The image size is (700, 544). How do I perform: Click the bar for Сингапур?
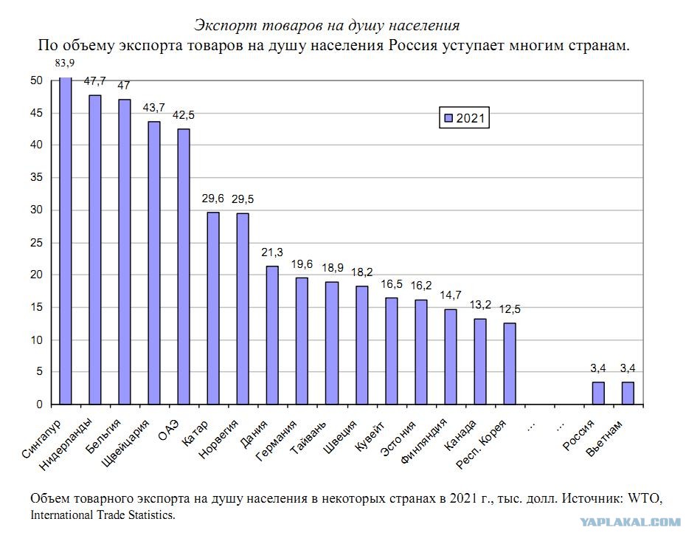pyautogui.click(x=65, y=241)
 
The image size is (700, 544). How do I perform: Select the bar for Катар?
pyautogui.click(x=213, y=309)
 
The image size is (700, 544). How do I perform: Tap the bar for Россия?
pyautogui.click(x=598, y=393)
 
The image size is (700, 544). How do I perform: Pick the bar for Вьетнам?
pyautogui.click(x=628, y=393)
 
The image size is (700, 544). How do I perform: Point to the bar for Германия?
pyautogui.click(x=302, y=341)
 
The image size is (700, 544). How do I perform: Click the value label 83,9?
pyautogui.click(x=65, y=63)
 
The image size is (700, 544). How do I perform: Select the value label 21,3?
pyautogui.click(x=272, y=252)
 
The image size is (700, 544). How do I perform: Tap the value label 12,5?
pyautogui.click(x=510, y=309)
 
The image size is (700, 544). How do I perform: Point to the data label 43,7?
pyautogui.click(x=153, y=108)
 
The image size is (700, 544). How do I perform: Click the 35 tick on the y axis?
pyautogui.click(x=37, y=177)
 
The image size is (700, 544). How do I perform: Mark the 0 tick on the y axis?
pyautogui.click(x=39, y=404)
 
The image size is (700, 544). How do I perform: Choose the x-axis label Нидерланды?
pyautogui.click(x=66, y=444)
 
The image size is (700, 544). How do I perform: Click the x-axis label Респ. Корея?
pyautogui.click(x=481, y=444)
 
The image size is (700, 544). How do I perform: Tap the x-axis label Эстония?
pyautogui.click(x=398, y=438)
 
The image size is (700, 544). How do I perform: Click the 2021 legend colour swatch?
pyautogui.click(x=448, y=118)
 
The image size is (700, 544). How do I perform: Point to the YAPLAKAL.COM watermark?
pyautogui.click(x=631, y=522)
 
